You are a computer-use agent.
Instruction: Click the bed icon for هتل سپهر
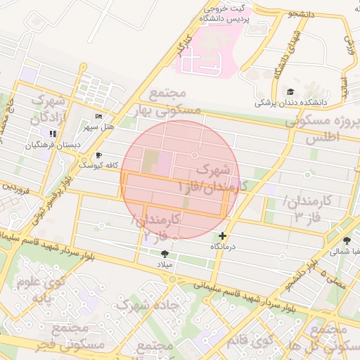[98, 117]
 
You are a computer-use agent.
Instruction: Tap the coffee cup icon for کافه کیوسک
[98, 155]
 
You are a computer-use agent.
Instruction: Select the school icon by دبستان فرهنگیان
[52, 134]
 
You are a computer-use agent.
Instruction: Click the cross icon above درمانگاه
[223, 236]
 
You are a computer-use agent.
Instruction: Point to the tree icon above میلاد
[165, 253]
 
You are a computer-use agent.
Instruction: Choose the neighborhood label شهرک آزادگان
[48, 107]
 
